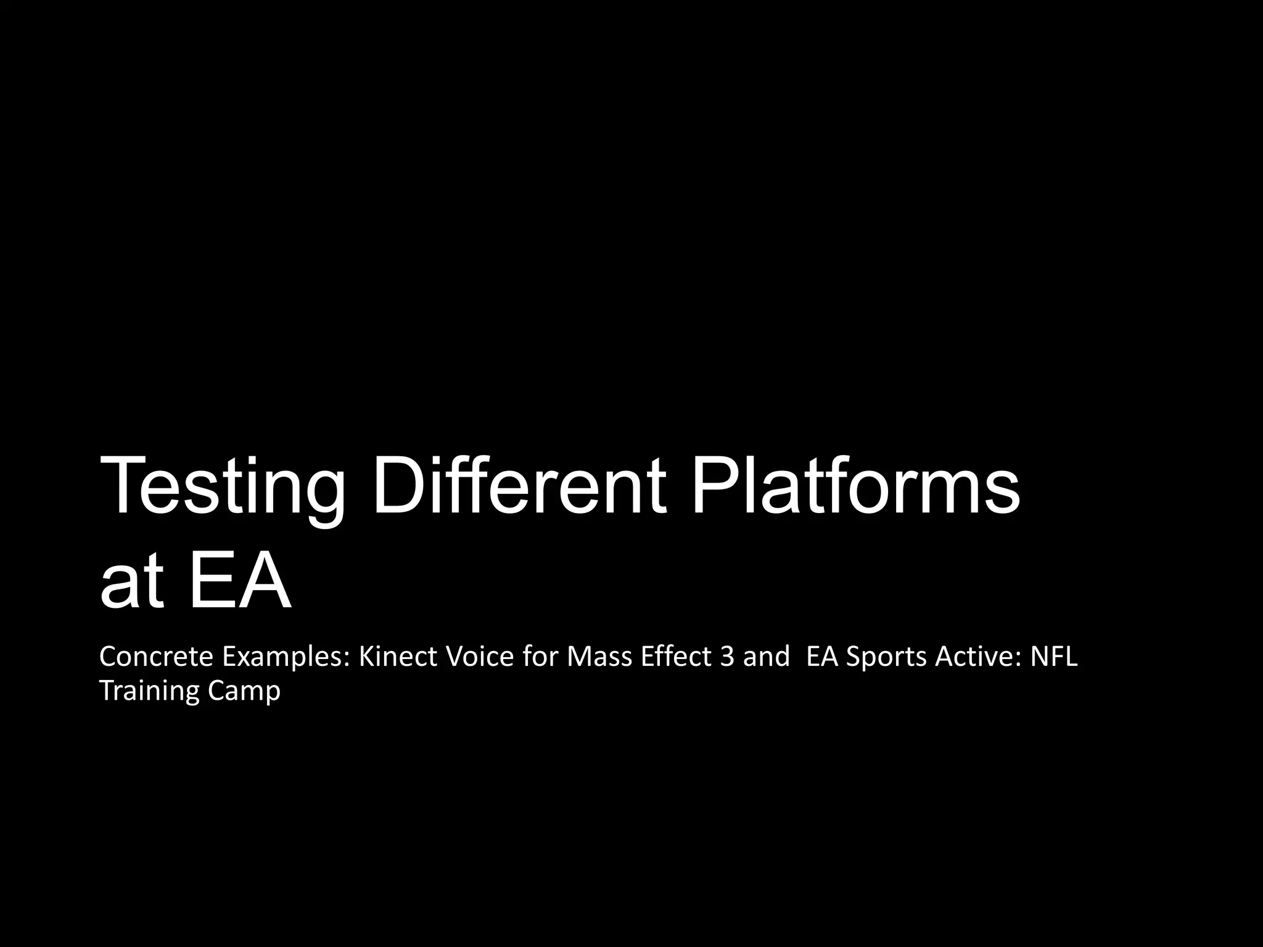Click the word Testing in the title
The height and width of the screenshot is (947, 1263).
pyautogui.click(x=223, y=486)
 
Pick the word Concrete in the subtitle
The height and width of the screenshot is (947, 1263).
pyautogui.click(x=156, y=657)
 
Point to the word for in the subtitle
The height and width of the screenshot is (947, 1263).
pyautogui.click(x=541, y=657)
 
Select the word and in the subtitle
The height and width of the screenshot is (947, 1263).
pyautogui.click(x=766, y=657)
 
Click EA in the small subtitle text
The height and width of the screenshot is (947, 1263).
pyautogui.click(x=822, y=657)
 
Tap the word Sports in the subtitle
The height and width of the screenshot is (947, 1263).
pyautogui.click(x=886, y=658)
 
